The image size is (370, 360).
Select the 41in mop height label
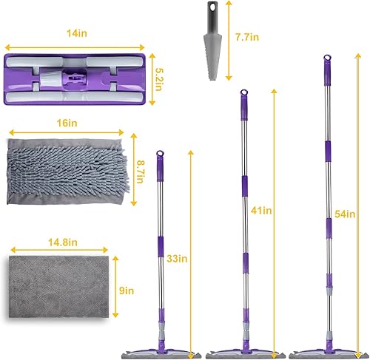261,211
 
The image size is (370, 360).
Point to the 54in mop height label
343,214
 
